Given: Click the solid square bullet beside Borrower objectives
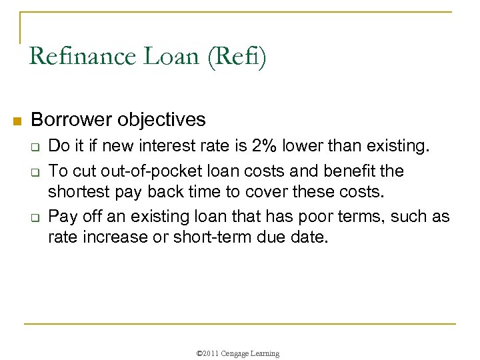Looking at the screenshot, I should point(18,121).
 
